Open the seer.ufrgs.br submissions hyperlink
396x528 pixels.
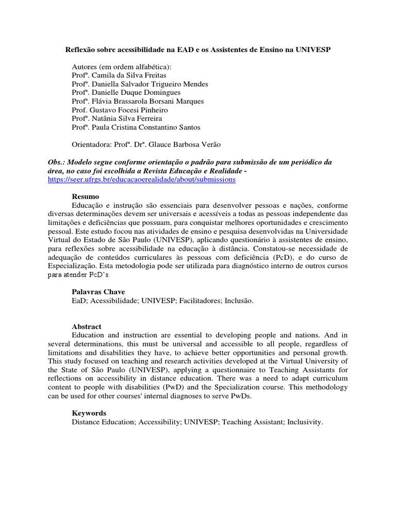point(141,179)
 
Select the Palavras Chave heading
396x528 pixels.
point(98,292)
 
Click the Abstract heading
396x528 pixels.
point(87,327)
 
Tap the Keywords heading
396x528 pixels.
point(89,413)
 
